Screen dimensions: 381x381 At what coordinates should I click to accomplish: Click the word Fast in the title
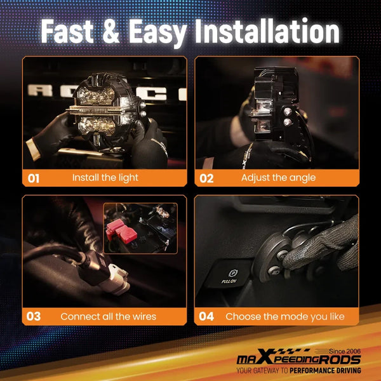[x=67, y=31]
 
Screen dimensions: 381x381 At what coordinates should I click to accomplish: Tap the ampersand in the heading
[x=111, y=31]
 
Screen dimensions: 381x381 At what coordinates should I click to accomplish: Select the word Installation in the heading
[x=267, y=31]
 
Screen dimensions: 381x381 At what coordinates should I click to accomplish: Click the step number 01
[x=34, y=178]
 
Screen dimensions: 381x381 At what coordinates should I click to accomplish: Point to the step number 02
[x=206, y=178]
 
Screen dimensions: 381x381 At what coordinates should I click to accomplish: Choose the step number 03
[x=34, y=316]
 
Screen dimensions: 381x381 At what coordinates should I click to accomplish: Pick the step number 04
[x=206, y=316]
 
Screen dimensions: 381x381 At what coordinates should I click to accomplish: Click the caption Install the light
[x=105, y=178]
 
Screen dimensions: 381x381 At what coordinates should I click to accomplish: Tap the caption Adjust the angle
[x=279, y=178]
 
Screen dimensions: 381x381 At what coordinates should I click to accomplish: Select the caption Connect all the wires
[x=109, y=316]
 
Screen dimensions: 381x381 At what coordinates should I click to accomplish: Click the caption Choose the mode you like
[x=285, y=317]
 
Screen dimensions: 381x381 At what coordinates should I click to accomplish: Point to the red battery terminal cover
[x=121, y=231]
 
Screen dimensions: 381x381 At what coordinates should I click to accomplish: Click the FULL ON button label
[x=229, y=281]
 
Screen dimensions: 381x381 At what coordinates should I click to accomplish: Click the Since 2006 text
[x=345, y=351]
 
